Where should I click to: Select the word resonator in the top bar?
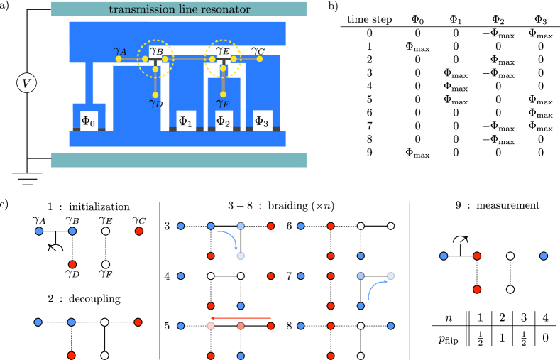point(225,9)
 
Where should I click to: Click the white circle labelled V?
point(26,83)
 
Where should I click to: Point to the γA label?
point(120,50)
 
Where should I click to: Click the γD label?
point(155,104)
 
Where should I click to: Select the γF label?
point(223,104)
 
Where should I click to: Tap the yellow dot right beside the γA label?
point(119,59)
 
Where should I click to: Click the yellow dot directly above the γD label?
point(155,94)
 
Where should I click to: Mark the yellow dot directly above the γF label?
point(223,94)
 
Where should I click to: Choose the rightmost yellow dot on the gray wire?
point(260,59)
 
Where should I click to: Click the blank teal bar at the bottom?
point(179,160)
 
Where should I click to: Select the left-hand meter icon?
point(55,248)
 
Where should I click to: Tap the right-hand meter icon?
point(460,239)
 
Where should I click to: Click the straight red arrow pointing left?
point(241,318)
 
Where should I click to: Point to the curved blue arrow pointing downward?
point(229,238)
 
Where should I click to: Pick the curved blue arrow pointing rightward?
point(376,287)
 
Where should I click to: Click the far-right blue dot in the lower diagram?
point(544,256)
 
